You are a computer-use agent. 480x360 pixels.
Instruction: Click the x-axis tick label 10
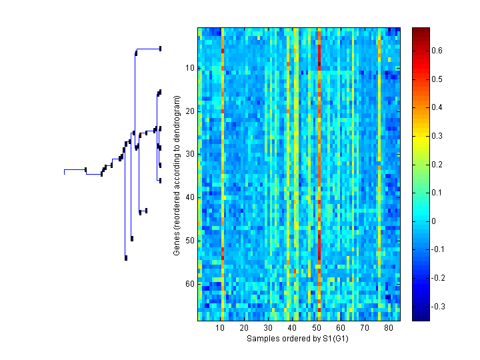(220, 329)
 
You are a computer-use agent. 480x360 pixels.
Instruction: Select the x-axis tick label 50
(317, 329)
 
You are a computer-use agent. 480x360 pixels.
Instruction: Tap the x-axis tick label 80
(389, 329)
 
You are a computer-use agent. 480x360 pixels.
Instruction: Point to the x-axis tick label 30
(268, 329)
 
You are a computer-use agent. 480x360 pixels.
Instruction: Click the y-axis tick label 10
(189, 68)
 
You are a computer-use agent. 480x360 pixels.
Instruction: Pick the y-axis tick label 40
(189, 197)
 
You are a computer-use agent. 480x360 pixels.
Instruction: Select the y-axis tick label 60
(189, 284)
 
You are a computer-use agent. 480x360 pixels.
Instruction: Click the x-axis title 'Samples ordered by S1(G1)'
(297, 339)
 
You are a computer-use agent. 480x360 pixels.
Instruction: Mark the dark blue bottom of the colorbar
(421, 317)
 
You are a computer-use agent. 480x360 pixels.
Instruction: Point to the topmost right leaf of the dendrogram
(160, 48)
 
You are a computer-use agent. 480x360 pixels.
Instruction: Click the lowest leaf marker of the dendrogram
(126, 257)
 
